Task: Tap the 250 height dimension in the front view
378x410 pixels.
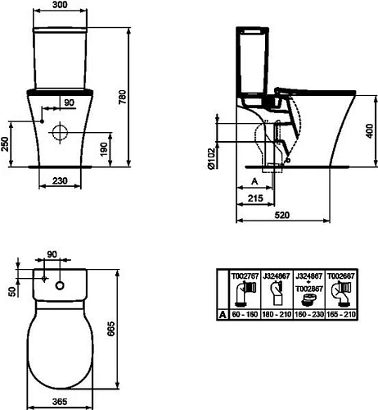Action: click(x=7, y=144)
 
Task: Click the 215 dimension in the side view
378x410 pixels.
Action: click(x=255, y=198)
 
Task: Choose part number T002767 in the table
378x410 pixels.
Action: click(x=245, y=277)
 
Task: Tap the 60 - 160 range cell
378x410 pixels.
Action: click(x=245, y=314)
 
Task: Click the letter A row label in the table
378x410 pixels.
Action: click(x=221, y=314)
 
